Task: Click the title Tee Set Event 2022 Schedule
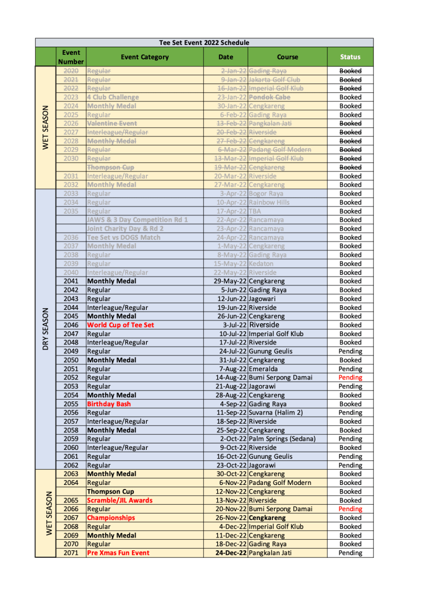coord(204,43)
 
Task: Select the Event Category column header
coord(144,57)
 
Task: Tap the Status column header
coord(350,57)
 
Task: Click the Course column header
coord(287,57)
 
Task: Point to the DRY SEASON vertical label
coord(46,329)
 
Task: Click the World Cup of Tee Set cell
coord(120,325)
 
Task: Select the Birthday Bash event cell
coord(109,404)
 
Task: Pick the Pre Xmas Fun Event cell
coord(118,553)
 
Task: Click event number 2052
coord(71,378)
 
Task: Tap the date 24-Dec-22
coord(231,553)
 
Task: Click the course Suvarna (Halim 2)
coord(275,413)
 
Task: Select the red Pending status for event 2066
coord(350,509)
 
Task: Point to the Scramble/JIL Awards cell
coord(119,500)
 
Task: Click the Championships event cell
coord(110,518)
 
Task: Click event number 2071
coord(71,553)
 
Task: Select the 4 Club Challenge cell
coord(113,97)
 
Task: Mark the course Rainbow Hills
coord(269,203)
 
